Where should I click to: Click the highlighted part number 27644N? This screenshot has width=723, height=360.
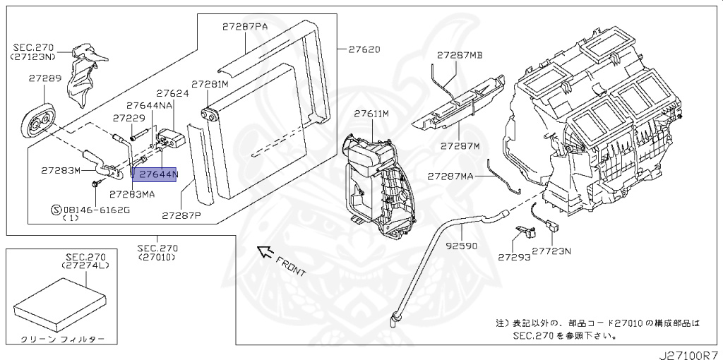pos(158,174)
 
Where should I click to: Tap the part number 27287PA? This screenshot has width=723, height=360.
pos(245,27)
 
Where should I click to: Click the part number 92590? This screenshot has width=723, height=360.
pos(461,246)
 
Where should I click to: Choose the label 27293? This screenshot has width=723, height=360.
pos(514,258)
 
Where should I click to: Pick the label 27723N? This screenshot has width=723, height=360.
pos(551,251)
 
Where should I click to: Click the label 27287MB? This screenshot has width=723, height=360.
pos(460,55)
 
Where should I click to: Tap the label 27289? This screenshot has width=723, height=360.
pos(45,78)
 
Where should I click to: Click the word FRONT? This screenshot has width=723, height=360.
pos(291,266)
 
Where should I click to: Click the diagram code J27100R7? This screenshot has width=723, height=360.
pos(691,355)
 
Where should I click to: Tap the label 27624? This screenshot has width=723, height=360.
pos(172,93)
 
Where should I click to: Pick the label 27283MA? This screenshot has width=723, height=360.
pos(132,194)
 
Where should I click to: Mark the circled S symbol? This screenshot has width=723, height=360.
pos(56,210)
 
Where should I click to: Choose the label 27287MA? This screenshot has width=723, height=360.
pos(450,176)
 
